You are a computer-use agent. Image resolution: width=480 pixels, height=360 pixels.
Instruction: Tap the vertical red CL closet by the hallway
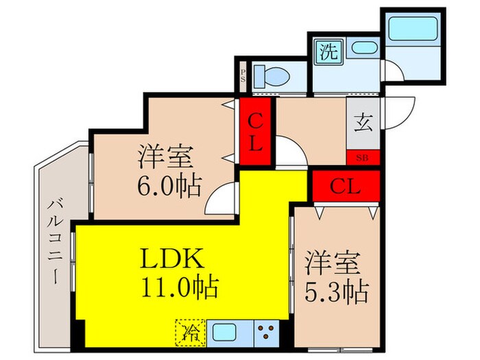[256, 133]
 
